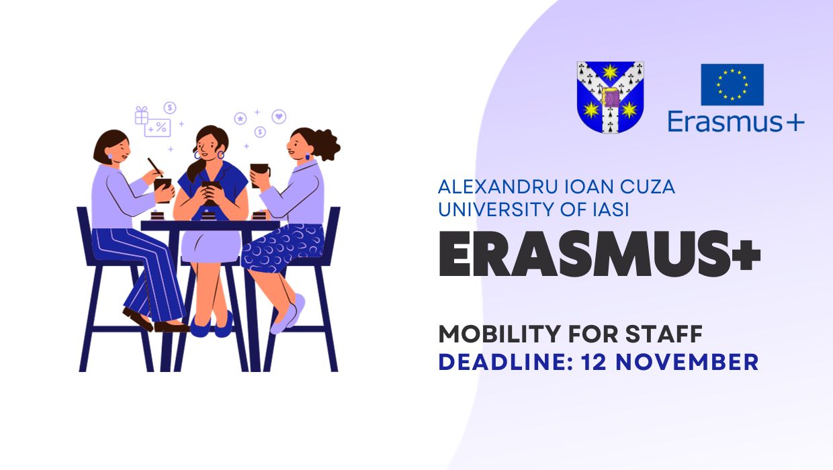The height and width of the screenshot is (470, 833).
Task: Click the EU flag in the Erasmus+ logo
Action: coord(732,85)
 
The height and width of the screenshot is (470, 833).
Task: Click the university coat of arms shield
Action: coord(610,97)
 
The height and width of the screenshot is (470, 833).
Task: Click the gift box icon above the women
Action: coord(141,115)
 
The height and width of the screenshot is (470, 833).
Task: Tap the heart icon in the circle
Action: coord(279,117)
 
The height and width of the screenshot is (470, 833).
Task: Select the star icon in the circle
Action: coord(240,118)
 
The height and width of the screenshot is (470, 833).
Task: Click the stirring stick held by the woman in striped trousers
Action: coord(155,167)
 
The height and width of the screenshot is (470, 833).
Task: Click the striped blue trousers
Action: coord(144,269)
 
